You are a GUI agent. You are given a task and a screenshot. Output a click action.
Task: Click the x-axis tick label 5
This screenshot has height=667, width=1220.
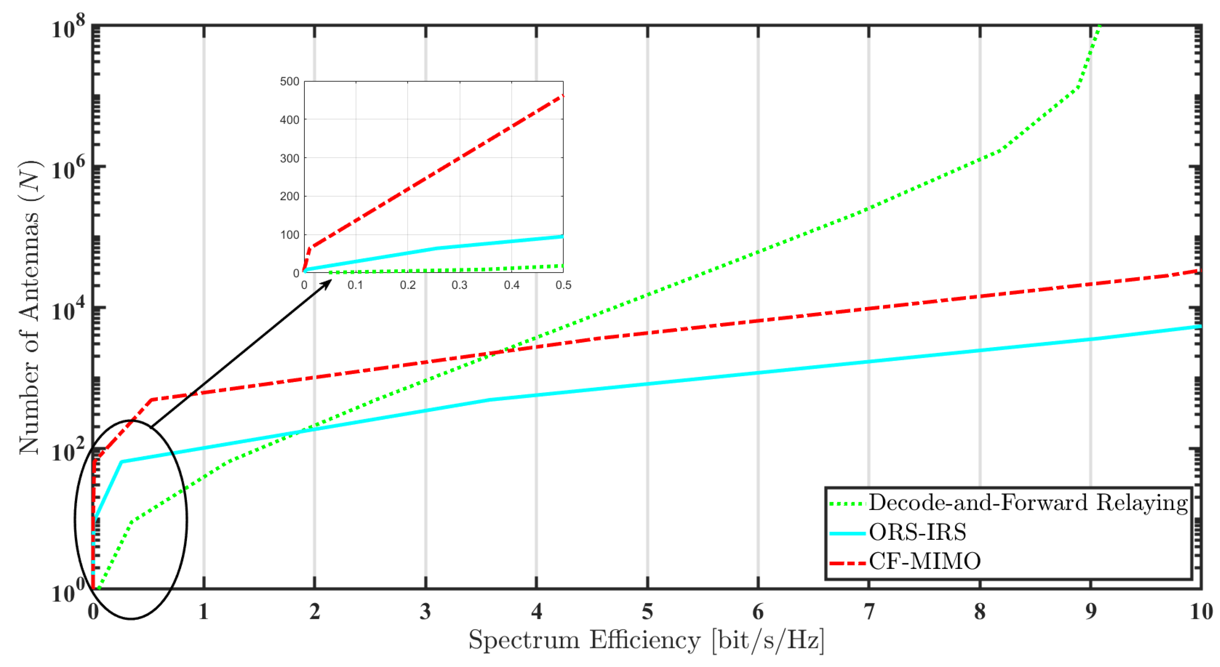[x=647, y=612]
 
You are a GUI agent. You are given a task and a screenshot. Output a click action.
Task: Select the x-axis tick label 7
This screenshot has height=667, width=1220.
[x=869, y=612]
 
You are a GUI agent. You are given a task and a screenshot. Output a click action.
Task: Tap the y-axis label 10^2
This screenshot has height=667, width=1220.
[x=68, y=451]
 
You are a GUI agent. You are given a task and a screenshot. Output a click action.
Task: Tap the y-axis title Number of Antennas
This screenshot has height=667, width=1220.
[x=29, y=308]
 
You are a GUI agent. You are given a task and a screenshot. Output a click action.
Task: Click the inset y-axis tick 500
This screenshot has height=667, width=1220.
[x=289, y=81]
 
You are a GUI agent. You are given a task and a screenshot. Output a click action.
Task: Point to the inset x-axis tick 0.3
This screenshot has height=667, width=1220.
[x=460, y=285]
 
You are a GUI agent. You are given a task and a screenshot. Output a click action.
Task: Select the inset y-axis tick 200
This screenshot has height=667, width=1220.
[x=289, y=196]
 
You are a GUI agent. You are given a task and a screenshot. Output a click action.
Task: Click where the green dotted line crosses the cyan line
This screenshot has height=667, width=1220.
[x=303, y=430]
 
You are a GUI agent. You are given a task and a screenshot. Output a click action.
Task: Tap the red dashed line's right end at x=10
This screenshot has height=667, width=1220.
[x=1199, y=271]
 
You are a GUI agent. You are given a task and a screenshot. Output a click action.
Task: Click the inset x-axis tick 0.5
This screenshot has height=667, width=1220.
[x=563, y=285]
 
